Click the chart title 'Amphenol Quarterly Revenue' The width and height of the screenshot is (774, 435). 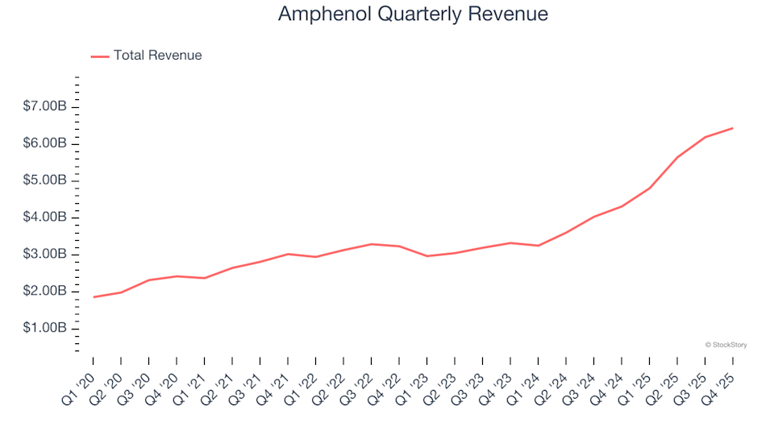click(413, 14)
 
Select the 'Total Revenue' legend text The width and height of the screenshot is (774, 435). click(157, 56)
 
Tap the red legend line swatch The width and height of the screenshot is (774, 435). click(100, 56)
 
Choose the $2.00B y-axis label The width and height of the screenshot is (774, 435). click(45, 292)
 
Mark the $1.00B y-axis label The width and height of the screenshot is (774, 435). click(45, 329)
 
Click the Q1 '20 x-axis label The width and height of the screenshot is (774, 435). click(81, 385)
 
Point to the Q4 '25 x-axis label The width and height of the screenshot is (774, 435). click(720, 385)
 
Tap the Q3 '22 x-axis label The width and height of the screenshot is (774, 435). click(359, 385)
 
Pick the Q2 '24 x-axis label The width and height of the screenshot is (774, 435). click(553, 385)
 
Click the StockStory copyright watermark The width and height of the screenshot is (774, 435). click(726, 345)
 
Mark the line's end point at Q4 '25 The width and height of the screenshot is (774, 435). click(732, 128)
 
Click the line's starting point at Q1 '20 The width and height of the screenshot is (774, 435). click(94, 297)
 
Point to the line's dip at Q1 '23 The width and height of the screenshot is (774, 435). click(427, 256)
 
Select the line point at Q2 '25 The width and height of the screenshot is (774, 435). click(677, 157)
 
